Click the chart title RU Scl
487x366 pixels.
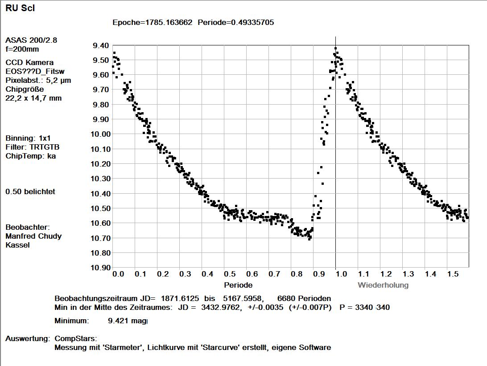[x=20, y=8]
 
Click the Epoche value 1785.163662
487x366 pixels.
[x=169, y=22]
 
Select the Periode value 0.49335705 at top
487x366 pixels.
[x=252, y=22]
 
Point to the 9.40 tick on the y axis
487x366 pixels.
[x=101, y=45]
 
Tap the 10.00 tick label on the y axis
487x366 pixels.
[x=100, y=134]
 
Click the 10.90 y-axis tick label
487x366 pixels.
[x=100, y=268]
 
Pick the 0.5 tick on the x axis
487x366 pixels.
[x=230, y=274]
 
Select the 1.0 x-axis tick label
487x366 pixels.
[x=341, y=274]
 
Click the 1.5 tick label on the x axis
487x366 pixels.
[x=453, y=274]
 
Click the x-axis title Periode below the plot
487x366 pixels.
[x=238, y=285]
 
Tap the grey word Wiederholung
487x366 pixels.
[x=383, y=285]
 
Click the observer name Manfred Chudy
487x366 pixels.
[x=33, y=236]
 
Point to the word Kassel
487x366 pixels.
[x=18, y=245]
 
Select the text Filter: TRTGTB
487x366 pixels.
[x=32, y=147]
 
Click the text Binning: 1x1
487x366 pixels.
[x=28, y=138]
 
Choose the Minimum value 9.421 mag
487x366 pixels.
[x=128, y=321]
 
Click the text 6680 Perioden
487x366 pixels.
[x=304, y=299]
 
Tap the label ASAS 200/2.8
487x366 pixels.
[x=31, y=41]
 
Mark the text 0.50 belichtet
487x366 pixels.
[x=30, y=192]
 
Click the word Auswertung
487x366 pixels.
[x=27, y=338]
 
